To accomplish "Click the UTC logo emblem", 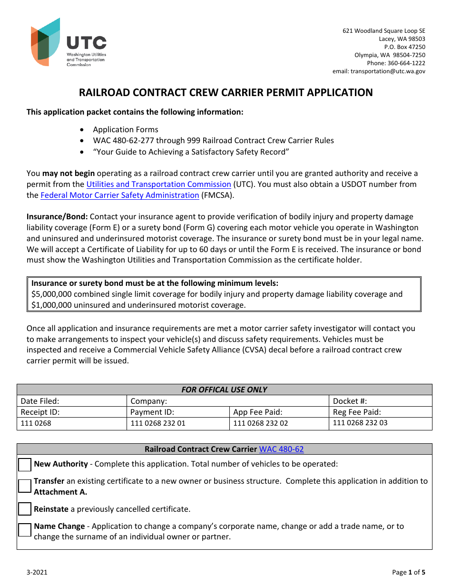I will click(x=45, y=42).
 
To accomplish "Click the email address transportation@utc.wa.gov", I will click(x=388, y=71).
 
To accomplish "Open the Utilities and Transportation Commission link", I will click(x=158, y=184).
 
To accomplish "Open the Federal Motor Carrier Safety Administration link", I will click(x=120, y=195).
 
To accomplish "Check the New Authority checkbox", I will click(x=25, y=465).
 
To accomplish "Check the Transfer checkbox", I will click(x=25, y=486).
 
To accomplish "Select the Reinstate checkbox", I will click(x=25, y=509).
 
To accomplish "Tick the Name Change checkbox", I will click(x=25, y=530).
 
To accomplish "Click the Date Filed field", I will click(x=71, y=401).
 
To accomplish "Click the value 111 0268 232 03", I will click(x=360, y=423).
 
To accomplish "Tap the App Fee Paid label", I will click(x=258, y=412).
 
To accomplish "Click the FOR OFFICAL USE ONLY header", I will click(x=225, y=390).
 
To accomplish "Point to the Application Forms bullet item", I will click(x=126, y=129).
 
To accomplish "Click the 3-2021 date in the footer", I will click(x=37, y=572).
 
